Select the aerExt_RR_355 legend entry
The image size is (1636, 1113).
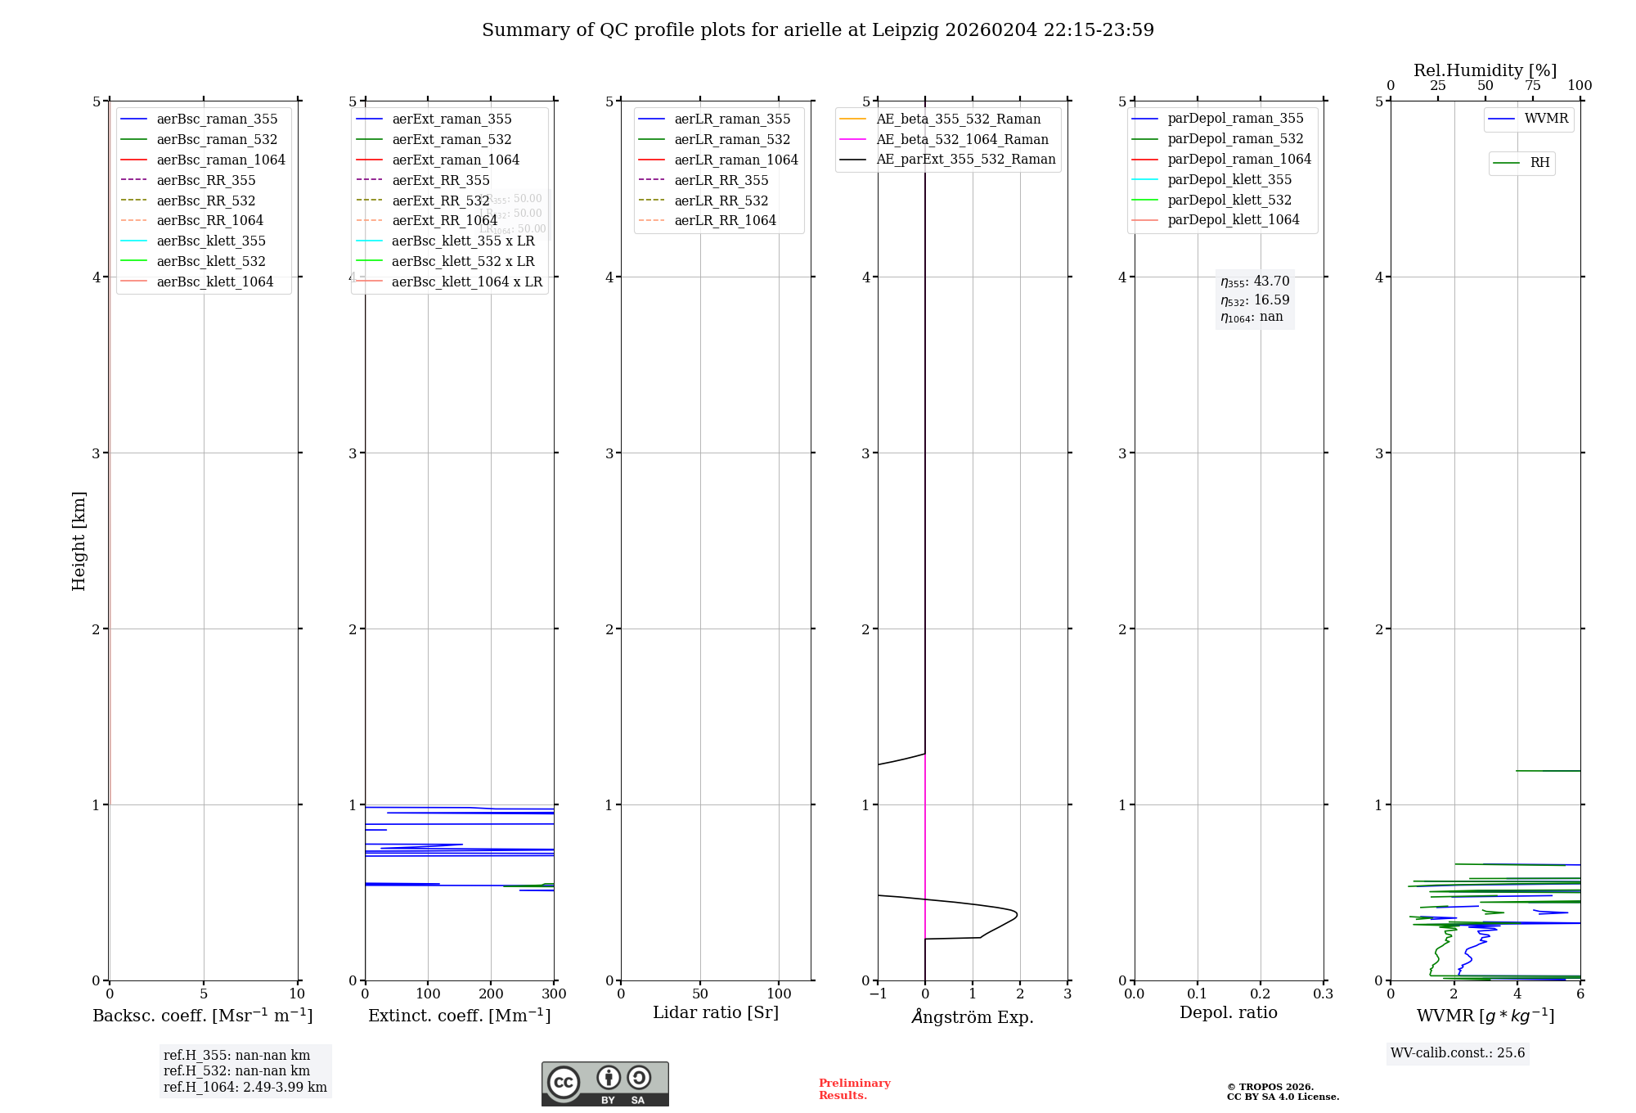tap(440, 180)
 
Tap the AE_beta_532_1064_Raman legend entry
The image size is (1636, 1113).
tap(962, 139)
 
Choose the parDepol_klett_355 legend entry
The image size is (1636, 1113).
tap(1229, 179)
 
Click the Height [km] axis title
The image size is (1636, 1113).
tap(79, 540)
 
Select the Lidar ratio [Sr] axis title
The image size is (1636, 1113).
tap(716, 1012)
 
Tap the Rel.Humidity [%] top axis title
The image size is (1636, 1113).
tap(1485, 70)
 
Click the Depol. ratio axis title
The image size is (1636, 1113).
tap(1228, 1012)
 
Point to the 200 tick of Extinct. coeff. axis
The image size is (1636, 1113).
tap(491, 994)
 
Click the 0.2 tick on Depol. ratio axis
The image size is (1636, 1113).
tap(1261, 994)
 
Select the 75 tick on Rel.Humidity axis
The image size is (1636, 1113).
tap(1532, 86)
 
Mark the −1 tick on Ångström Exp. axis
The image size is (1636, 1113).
tap(878, 994)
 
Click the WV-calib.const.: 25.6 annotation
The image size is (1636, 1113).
tap(1458, 1053)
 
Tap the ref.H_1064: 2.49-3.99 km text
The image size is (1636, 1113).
tap(245, 1088)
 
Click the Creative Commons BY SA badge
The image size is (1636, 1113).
tap(605, 1084)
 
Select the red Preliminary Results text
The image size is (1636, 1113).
tap(854, 1089)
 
